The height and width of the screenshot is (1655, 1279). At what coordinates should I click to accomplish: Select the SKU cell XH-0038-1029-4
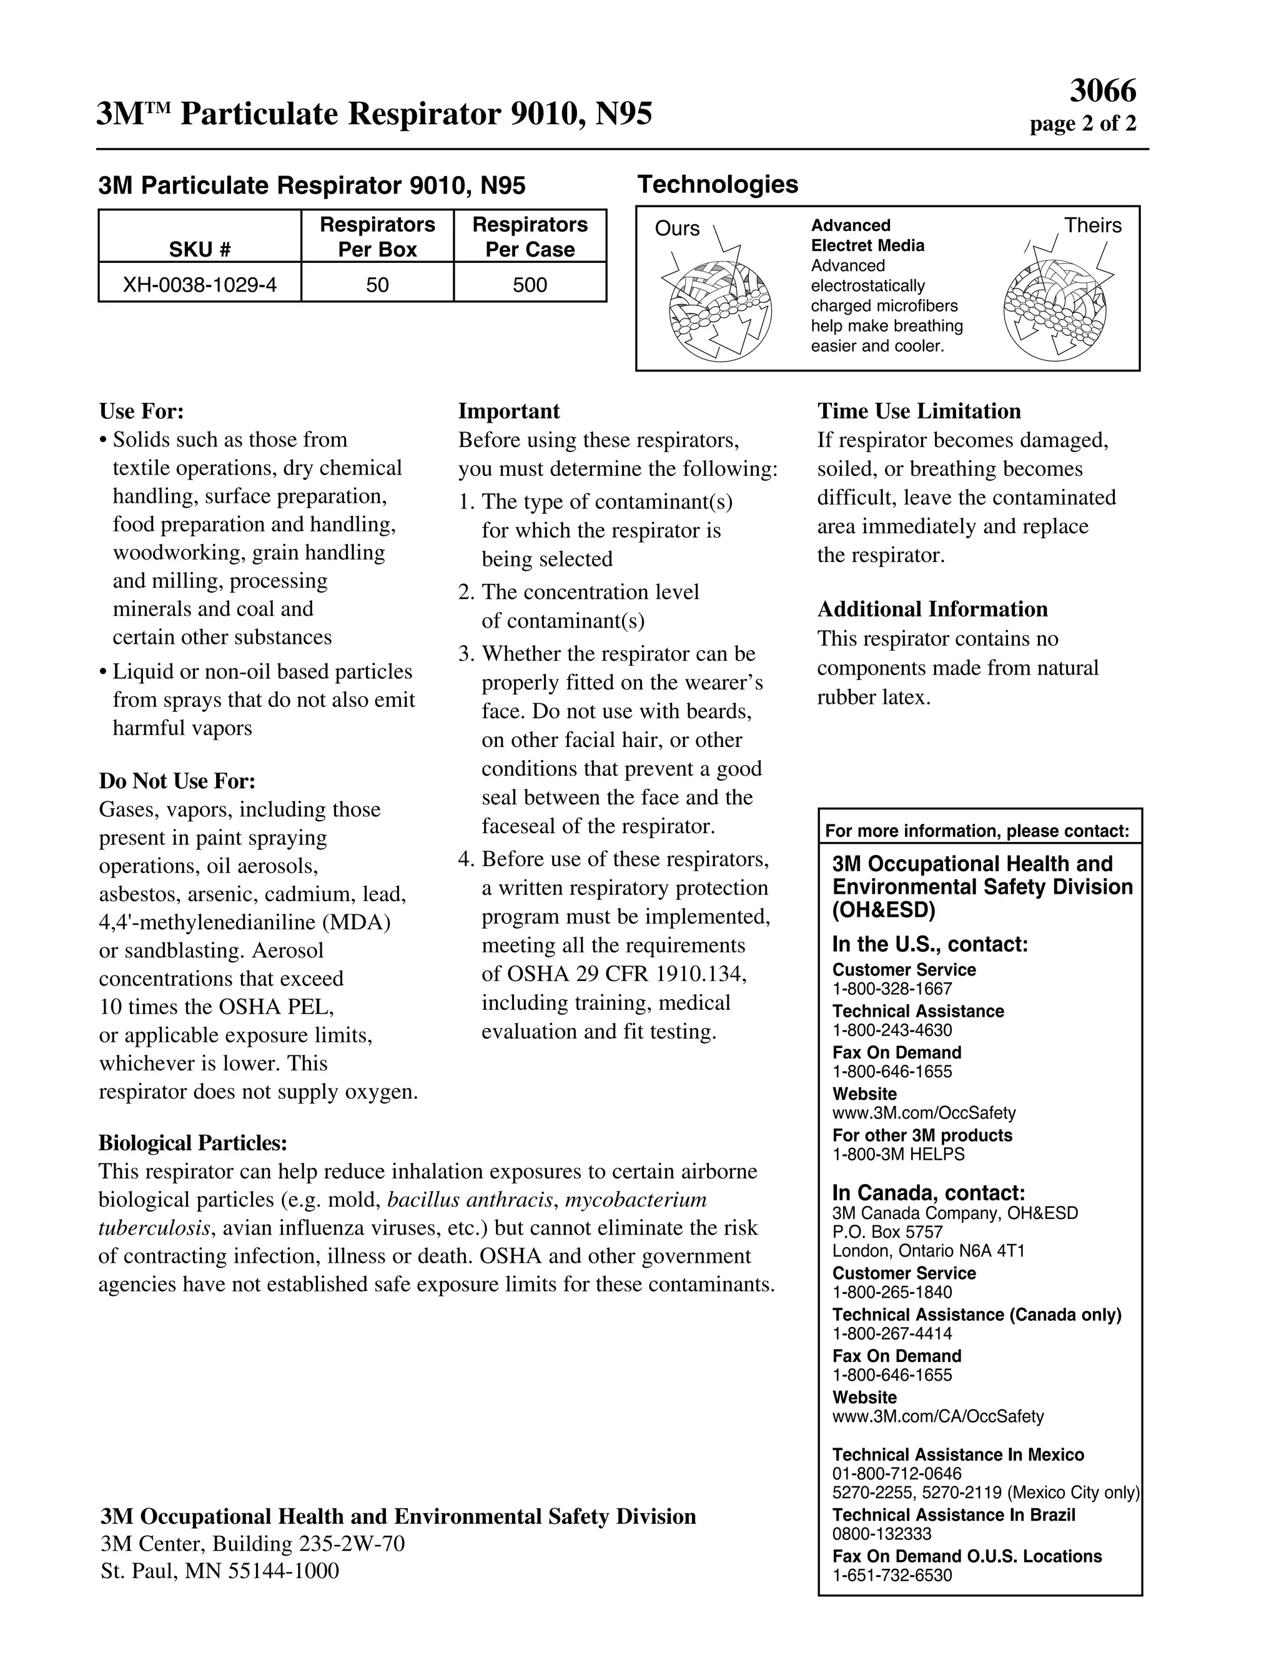[200, 285]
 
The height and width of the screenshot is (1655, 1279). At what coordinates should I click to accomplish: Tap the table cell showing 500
[530, 285]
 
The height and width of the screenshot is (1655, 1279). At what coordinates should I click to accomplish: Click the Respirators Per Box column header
[377, 237]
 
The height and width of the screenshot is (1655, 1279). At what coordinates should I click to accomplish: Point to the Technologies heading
[718, 184]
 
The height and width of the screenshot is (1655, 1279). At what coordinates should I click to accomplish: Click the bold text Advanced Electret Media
[867, 235]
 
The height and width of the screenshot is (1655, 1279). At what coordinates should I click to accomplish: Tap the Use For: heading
[142, 412]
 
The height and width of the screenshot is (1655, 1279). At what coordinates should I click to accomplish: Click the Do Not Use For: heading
[177, 781]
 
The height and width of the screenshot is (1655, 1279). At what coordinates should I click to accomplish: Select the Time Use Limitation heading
[918, 412]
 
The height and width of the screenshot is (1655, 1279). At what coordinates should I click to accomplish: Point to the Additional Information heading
[932, 610]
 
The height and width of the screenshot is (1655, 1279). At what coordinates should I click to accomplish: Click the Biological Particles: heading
[193, 1143]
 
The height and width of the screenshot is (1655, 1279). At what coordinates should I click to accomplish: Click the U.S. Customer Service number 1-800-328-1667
[892, 989]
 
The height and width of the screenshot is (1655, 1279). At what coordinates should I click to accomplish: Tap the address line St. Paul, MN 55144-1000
[220, 1571]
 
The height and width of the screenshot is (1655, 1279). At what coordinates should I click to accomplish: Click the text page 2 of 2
[1082, 124]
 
